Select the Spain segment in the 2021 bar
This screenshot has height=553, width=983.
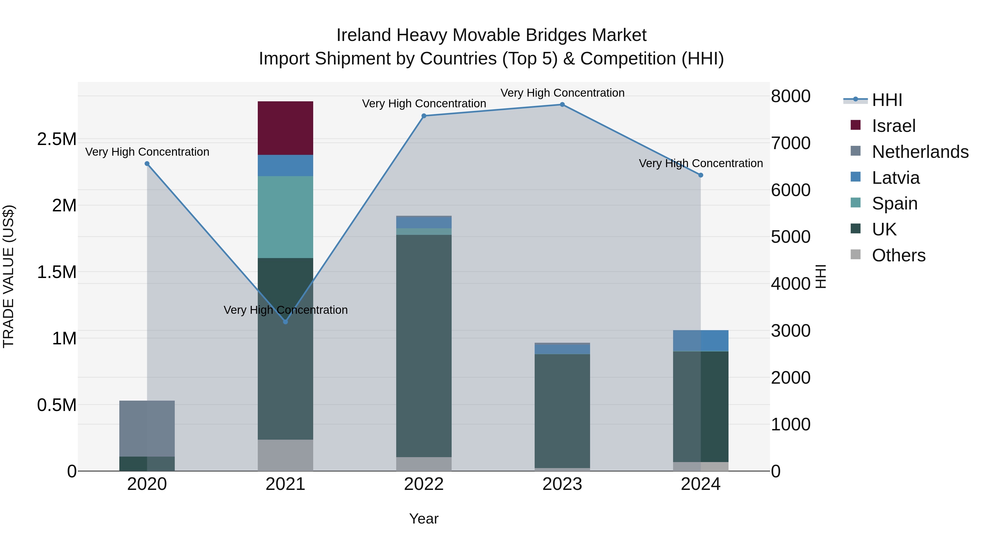click(285, 217)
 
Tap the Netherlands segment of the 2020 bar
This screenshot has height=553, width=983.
click(147, 428)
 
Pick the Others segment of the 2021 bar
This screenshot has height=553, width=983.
click(285, 455)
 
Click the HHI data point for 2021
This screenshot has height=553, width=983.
click(285, 322)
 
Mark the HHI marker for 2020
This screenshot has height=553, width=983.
click(147, 164)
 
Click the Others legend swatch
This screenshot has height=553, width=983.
click(855, 255)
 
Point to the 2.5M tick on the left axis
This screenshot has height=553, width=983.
click(57, 139)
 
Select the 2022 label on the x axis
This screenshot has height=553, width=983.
click(424, 484)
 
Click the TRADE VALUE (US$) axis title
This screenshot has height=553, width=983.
click(8, 276)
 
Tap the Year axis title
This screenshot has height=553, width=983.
click(424, 519)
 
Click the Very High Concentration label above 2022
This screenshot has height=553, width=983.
click(424, 103)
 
